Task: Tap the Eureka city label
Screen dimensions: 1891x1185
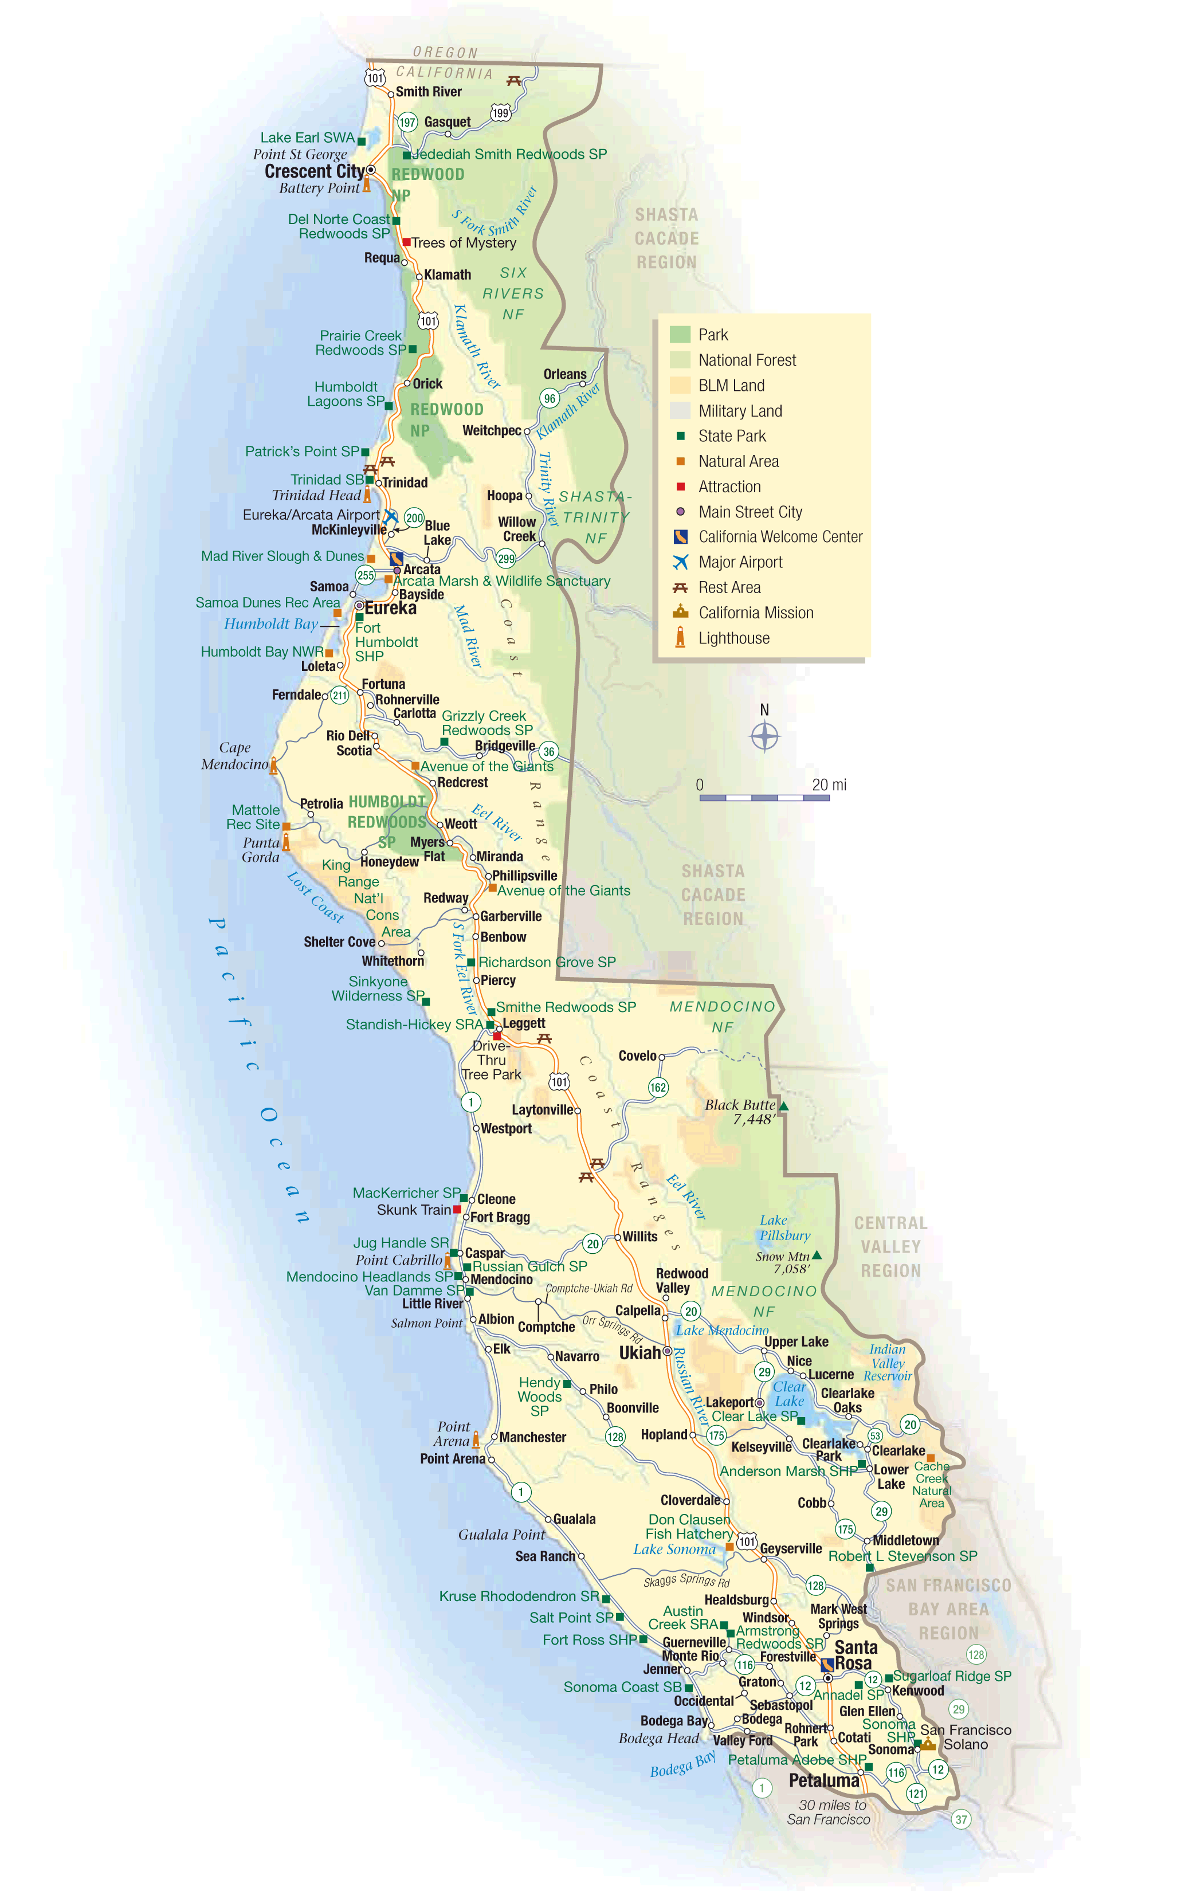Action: (390, 608)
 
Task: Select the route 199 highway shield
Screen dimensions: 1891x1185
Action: (501, 113)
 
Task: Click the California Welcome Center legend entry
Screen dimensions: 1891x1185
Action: (780, 537)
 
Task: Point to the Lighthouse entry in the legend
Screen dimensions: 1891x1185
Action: (733, 638)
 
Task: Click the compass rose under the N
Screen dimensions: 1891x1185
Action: (765, 736)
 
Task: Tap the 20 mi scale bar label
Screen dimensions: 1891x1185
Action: (829, 784)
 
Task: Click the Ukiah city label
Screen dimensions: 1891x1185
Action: (639, 1353)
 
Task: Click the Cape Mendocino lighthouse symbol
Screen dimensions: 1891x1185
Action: (273, 766)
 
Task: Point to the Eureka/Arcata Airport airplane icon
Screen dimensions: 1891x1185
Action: (390, 516)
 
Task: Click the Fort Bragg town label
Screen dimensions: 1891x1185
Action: (500, 1217)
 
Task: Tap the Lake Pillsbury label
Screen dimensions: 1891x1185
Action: (784, 1227)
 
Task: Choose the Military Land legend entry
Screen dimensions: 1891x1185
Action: (740, 411)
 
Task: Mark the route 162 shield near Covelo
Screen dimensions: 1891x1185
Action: (658, 1087)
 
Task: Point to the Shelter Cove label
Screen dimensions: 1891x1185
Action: (339, 942)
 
